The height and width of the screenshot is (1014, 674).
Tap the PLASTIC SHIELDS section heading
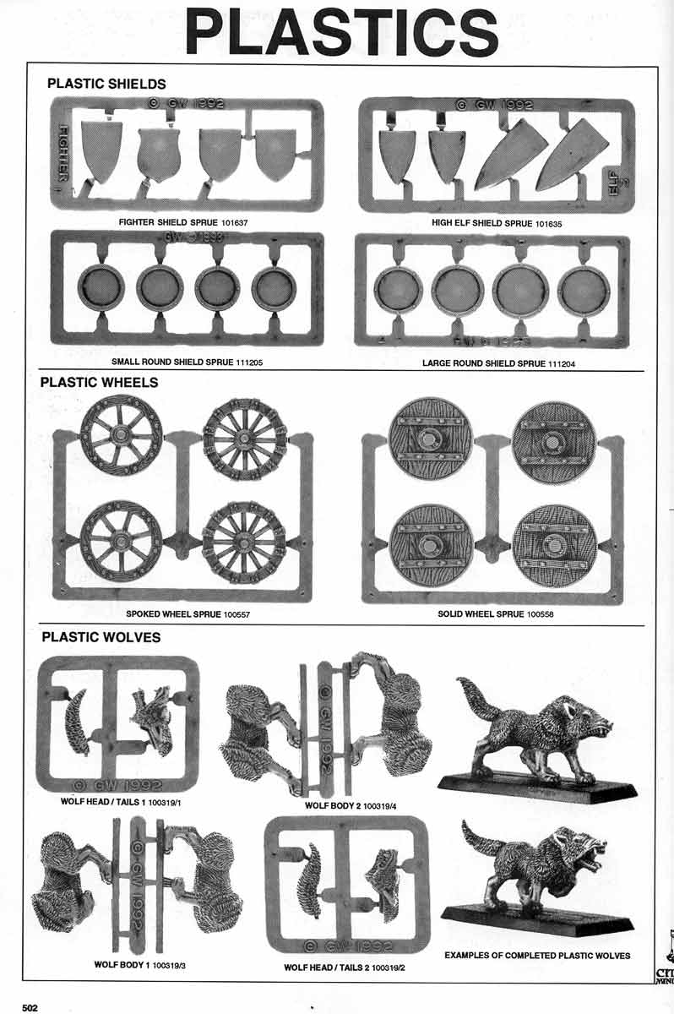tap(106, 84)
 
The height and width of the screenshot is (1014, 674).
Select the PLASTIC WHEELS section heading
tap(99, 382)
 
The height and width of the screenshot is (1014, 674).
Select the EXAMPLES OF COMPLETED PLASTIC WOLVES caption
tap(537, 956)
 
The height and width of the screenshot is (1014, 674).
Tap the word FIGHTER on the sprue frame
tap(63, 153)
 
